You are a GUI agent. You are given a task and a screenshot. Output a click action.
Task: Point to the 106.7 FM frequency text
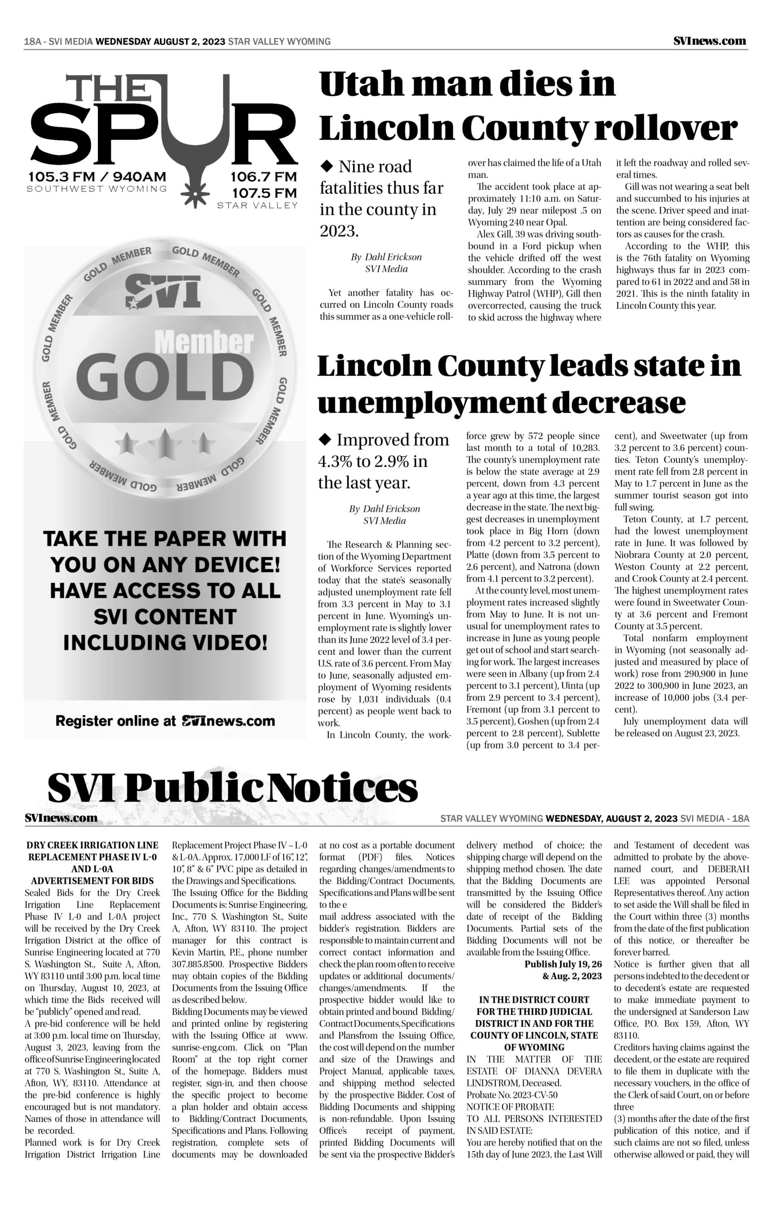coord(263,177)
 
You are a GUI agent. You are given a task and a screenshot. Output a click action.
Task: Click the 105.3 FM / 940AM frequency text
coord(97,177)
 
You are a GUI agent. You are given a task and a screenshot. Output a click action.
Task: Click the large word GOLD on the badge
coord(164,377)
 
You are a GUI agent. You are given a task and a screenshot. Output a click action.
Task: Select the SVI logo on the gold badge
coord(162,292)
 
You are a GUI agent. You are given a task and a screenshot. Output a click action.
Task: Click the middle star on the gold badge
coord(164,442)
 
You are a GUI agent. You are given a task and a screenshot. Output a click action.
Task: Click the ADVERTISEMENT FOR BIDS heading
coord(92,881)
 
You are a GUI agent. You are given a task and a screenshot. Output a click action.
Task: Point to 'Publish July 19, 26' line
coord(562,964)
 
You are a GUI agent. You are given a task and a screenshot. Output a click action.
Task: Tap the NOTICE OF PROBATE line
coord(510,1106)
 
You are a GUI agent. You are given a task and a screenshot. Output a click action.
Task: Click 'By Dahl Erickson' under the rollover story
coord(386,257)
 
